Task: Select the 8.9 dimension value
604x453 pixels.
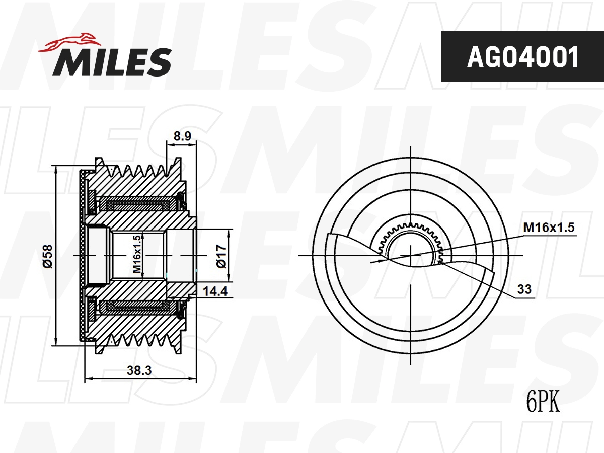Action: [x=182, y=136]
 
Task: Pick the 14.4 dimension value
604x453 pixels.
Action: [x=215, y=290]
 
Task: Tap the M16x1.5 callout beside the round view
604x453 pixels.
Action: [x=549, y=228]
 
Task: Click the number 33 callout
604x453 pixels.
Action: [x=524, y=290]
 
